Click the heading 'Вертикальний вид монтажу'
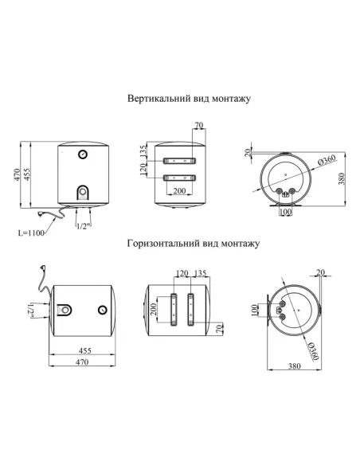tap(189, 100)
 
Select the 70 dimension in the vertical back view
tap(199, 125)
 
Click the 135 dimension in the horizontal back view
tap(199, 273)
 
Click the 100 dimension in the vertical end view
tap(285, 213)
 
